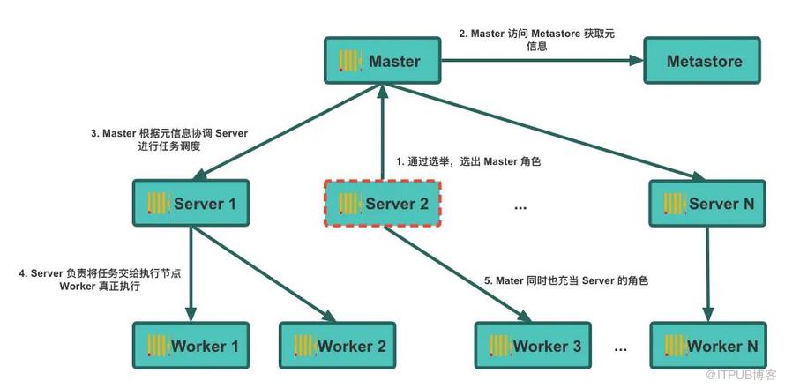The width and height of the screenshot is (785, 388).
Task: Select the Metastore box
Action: click(704, 62)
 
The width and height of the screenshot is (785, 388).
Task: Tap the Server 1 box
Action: click(191, 205)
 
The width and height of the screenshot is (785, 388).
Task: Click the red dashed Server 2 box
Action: click(383, 205)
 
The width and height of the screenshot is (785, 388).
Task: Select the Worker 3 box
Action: click(533, 346)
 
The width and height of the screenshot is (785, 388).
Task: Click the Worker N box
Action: click(707, 346)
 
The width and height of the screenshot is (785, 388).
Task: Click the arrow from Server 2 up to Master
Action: click(382, 132)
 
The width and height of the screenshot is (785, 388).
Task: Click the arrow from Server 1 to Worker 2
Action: click(265, 273)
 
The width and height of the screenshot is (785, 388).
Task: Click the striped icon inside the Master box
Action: click(351, 62)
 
